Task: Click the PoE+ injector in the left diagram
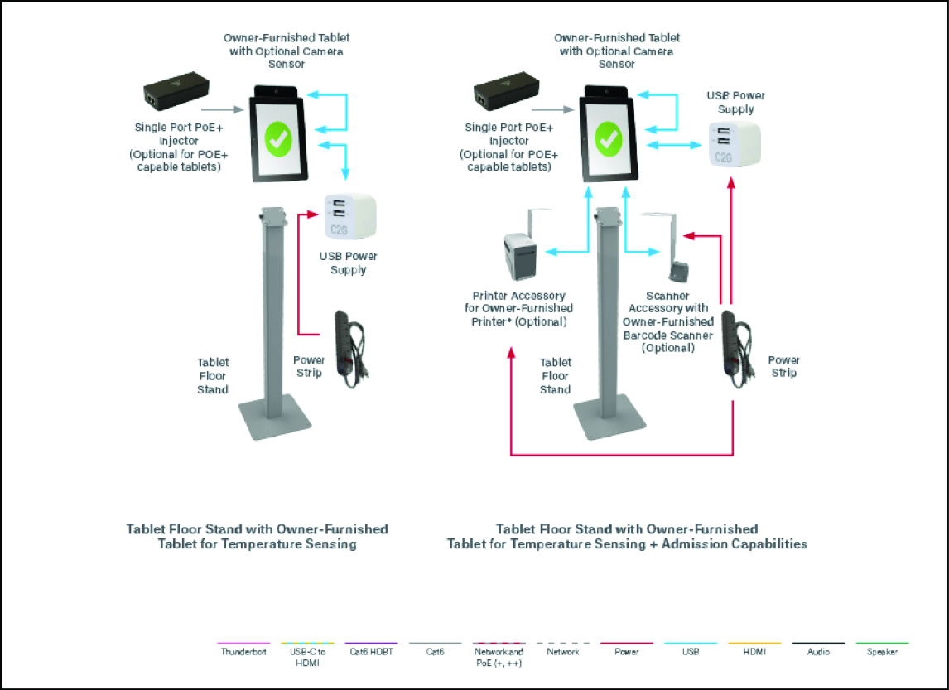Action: (175, 92)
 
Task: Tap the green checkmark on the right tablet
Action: (609, 138)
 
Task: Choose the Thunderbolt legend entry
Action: (243, 651)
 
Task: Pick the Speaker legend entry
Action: (881, 651)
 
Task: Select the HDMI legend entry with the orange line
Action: (754, 651)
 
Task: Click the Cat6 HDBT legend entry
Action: (371, 651)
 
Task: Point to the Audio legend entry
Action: (818, 651)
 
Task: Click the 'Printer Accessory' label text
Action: (519, 296)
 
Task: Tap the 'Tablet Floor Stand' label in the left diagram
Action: (213, 376)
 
